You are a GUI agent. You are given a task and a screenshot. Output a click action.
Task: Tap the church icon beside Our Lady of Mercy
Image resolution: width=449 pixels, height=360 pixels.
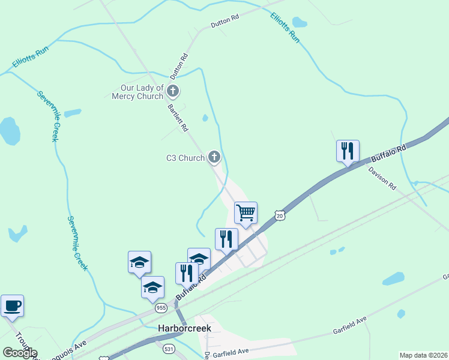point(173,92)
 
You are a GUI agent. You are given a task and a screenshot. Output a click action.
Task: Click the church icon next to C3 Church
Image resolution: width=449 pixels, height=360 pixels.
point(214,158)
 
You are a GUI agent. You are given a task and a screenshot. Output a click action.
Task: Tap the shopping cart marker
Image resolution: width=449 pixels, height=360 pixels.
point(246,212)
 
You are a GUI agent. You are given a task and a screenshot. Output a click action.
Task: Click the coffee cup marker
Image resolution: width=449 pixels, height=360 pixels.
point(12,306)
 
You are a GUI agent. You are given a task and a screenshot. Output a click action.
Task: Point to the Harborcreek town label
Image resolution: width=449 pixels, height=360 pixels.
point(184,328)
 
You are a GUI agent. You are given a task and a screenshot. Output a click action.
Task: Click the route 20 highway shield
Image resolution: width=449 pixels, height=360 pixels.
point(279,215)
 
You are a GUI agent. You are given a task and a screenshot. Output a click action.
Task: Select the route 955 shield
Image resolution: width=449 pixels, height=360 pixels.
point(160,308)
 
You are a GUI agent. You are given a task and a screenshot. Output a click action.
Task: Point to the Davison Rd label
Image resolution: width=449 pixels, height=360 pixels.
point(382,178)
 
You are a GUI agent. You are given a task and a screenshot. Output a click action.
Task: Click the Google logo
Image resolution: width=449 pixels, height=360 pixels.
point(20,352)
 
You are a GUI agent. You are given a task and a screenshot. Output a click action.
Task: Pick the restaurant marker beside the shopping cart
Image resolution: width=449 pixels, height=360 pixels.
point(226,239)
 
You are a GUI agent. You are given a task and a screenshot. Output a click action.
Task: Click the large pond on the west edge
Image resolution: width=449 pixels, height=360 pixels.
point(9,131)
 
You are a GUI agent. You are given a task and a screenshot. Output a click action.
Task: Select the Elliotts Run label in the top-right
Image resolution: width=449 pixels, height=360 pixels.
point(285,27)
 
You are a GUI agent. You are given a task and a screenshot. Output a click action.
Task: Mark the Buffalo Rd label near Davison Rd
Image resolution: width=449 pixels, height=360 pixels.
point(388,153)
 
